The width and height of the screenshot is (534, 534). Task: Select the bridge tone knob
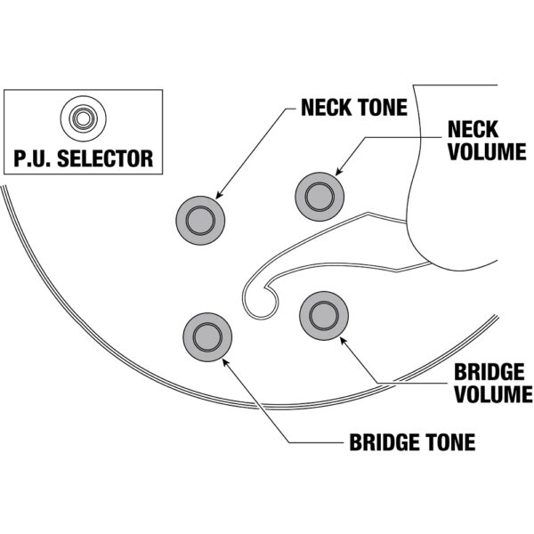coord(207,336)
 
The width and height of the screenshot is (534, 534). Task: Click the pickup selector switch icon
coord(84,118)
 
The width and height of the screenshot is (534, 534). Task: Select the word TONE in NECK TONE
coord(384,109)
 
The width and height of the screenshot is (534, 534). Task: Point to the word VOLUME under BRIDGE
coord(492,393)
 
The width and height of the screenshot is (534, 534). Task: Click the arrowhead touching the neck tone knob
coord(219,193)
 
